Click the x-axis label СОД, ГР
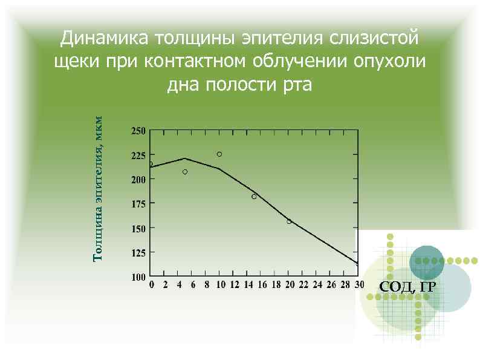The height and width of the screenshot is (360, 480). pyautogui.click(x=407, y=287)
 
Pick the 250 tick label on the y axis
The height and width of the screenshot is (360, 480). pyautogui.click(x=138, y=131)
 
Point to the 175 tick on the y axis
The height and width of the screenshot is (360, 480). pyautogui.click(x=138, y=204)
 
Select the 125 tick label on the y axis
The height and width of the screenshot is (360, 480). pyautogui.click(x=138, y=253)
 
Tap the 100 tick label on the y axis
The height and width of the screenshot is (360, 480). pyautogui.click(x=138, y=277)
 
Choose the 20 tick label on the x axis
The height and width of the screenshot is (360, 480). pyautogui.click(x=290, y=285)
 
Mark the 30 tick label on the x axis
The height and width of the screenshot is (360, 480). pyautogui.click(x=359, y=285)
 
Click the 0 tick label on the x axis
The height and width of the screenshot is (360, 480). pyautogui.click(x=151, y=285)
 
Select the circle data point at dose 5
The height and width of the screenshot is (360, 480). pyautogui.click(x=185, y=172)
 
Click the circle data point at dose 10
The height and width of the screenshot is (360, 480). pyautogui.click(x=219, y=154)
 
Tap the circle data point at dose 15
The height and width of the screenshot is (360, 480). pyautogui.click(x=254, y=197)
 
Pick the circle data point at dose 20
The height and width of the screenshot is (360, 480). pyautogui.click(x=289, y=221)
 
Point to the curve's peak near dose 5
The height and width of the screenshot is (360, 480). pyautogui.click(x=185, y=159)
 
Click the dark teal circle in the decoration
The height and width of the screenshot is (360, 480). pyautogui.click(x=427, y=263)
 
